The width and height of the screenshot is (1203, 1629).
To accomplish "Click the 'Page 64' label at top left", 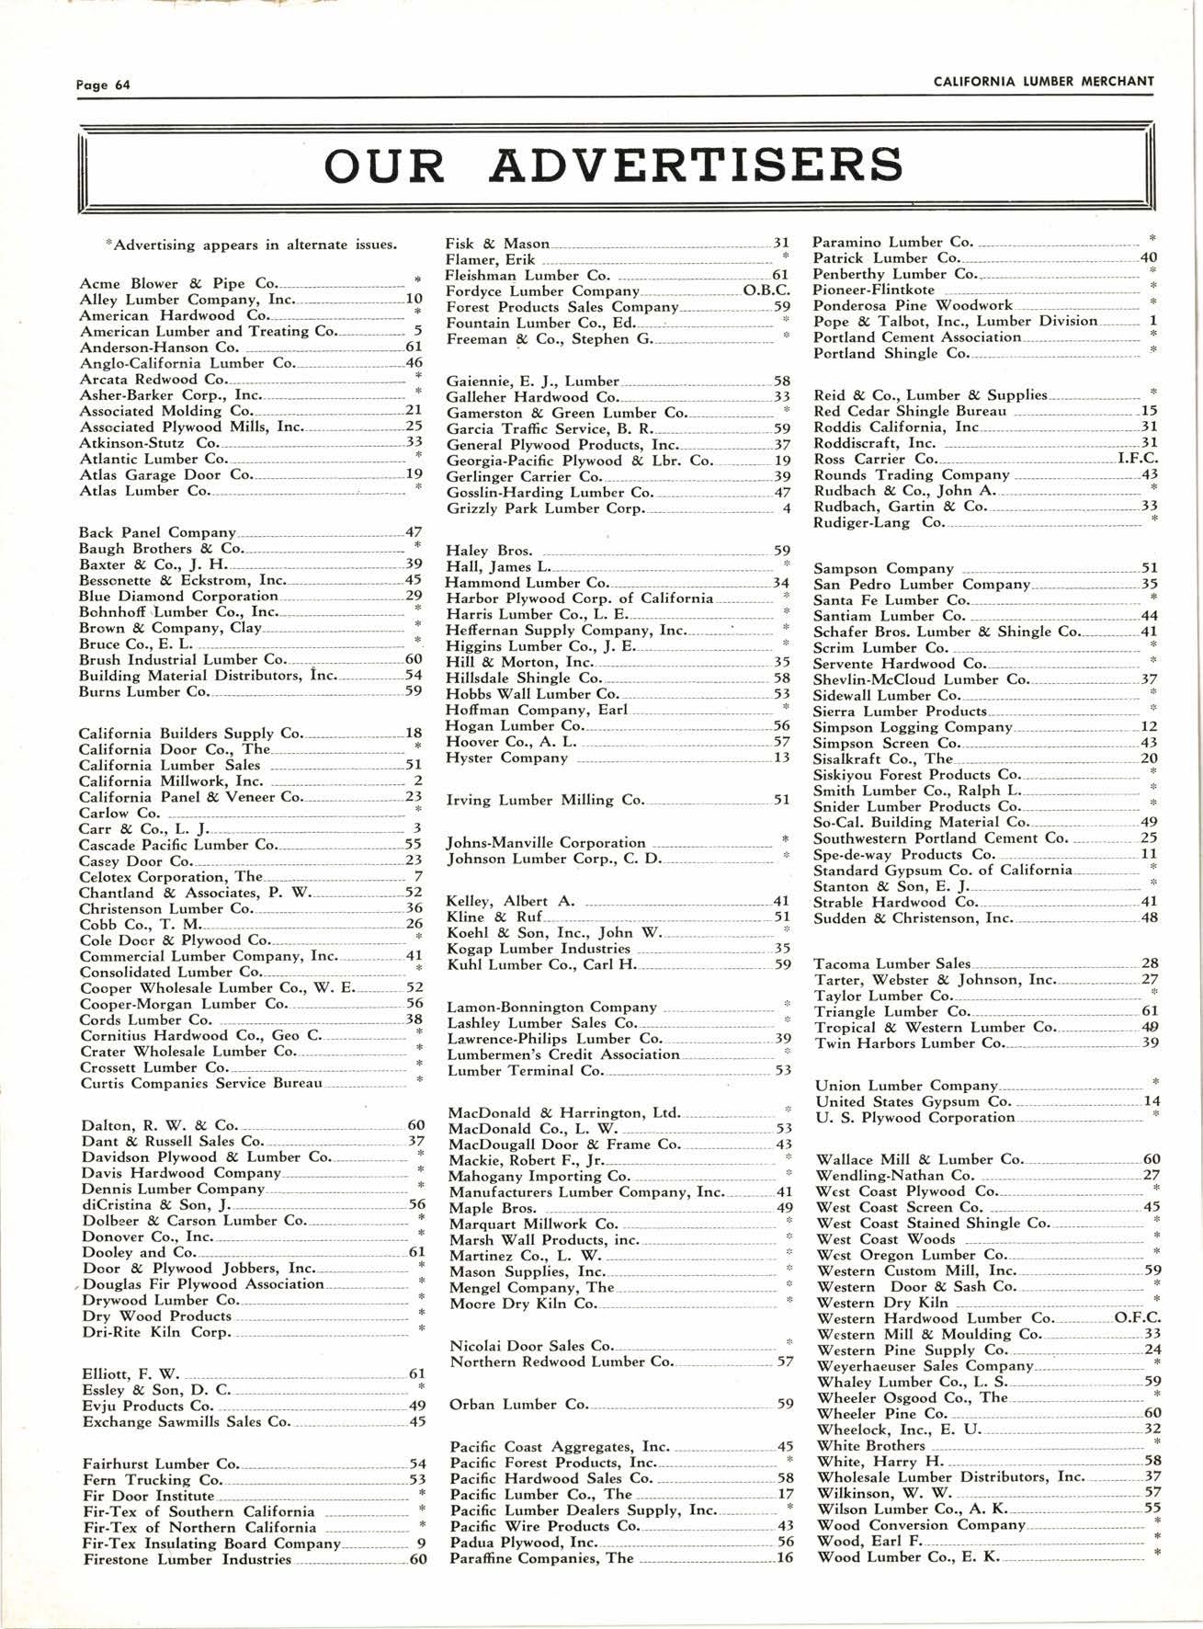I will [104, 85].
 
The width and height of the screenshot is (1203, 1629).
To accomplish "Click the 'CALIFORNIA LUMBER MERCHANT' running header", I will [1043, 81].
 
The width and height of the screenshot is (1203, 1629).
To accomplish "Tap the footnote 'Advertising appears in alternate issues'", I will [253, 245].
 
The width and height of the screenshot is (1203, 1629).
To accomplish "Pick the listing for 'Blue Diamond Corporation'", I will [178, 596].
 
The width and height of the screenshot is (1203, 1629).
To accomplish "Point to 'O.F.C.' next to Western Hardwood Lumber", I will [1137, 1318].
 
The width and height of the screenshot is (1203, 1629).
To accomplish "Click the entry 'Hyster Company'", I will [506, 758].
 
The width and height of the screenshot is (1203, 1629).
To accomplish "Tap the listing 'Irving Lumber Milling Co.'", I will [545, 801].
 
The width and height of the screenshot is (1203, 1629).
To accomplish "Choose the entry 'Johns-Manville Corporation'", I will [546, 843].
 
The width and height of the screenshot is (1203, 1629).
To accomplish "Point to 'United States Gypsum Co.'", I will [914, 1101].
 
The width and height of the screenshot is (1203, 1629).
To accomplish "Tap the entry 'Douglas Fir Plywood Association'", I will [203, 1284].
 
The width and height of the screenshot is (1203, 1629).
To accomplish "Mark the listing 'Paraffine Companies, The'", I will [541, 1558].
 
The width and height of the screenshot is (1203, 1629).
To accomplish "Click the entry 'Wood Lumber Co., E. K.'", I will [907, 1557].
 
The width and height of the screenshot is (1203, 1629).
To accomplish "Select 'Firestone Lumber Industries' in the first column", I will [187, 1559].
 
